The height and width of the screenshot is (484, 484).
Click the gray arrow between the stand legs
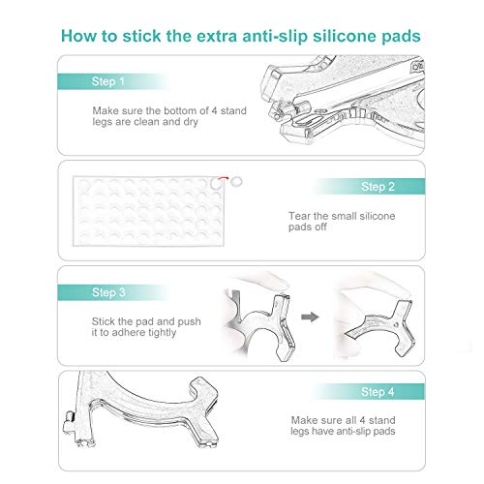(x=308, y=315)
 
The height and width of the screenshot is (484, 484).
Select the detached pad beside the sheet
(x=240, y=180)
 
